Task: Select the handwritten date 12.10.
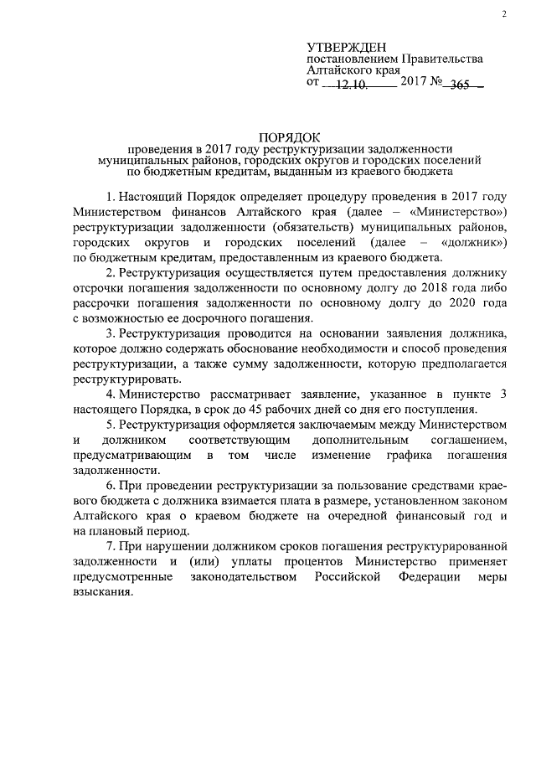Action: pyautogui.click(x=352, y=85)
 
